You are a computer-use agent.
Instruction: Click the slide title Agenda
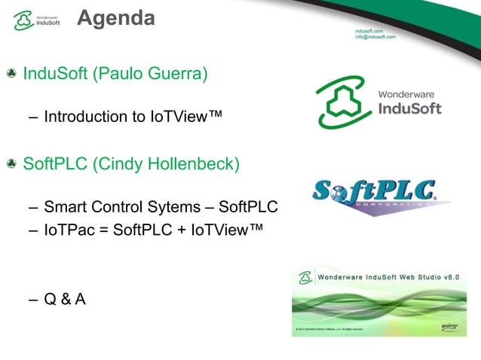click(115, 17)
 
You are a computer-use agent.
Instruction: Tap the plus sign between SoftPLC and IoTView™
click(177, 230)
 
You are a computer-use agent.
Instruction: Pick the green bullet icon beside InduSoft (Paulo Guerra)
click(12, 75)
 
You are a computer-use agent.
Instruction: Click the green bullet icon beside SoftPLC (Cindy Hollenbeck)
click(12, 163)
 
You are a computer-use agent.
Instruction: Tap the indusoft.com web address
click(369, 30)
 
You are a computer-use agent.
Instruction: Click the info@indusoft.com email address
click(375, 37)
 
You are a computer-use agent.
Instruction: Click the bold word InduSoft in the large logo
click(409, 109)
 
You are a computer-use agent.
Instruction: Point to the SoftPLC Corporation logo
click(379, 194)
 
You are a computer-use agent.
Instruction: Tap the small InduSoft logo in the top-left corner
click(34, 20)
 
